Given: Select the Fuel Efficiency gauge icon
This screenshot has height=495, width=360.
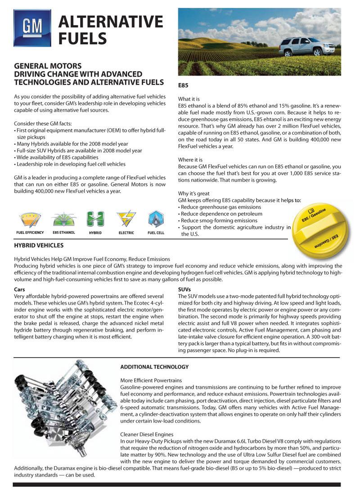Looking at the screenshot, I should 30,219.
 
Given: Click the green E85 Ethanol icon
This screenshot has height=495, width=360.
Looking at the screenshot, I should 63,219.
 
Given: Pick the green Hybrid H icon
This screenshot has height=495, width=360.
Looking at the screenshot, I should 95,219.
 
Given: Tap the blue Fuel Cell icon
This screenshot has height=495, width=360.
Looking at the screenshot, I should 156,219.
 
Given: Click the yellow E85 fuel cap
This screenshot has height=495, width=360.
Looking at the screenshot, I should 323,230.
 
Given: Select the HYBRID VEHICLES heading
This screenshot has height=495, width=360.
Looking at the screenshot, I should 39,246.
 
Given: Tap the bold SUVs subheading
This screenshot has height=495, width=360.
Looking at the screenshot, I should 185,289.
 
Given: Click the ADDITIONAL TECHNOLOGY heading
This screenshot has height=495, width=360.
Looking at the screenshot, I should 154,367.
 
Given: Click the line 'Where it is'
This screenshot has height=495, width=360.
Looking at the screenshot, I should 190,160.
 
